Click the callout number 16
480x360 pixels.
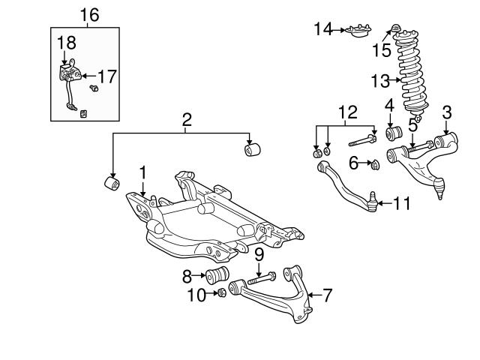coord(88,14)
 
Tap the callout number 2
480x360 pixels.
coord(186,118)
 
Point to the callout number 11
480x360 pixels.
coord(403,202)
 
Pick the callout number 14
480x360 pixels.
coord(322,29)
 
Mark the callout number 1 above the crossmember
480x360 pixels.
coord(142,173)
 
